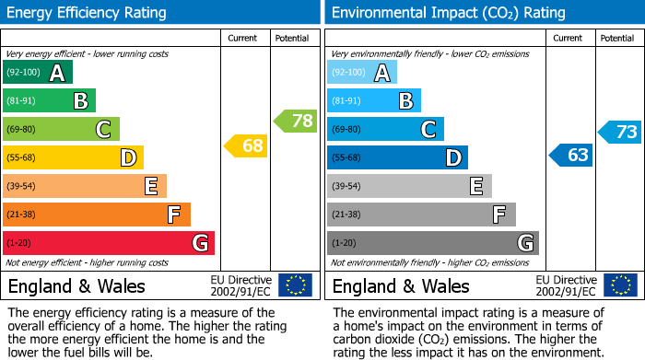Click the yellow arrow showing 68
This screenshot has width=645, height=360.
point(245,145)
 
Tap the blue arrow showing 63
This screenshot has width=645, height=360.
point(570,155)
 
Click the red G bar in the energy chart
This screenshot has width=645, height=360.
point(109,243)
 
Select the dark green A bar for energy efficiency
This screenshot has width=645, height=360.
point(37,73)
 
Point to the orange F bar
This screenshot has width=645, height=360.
point(97,215)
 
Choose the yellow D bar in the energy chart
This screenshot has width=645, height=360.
point(73,157)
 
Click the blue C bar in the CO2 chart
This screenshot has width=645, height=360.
point(385,129)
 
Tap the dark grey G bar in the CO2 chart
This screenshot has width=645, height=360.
point(432,243)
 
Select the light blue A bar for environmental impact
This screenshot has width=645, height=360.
point(361,73)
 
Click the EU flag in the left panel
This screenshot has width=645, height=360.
point(295,285)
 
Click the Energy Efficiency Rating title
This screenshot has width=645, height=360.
point(88,13)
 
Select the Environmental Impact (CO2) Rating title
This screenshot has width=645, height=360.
point(448,13)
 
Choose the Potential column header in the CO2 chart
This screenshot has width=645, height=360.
point(617,38)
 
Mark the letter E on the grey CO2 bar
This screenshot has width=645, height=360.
point(475,186)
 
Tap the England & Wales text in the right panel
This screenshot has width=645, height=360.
point(401,285)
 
